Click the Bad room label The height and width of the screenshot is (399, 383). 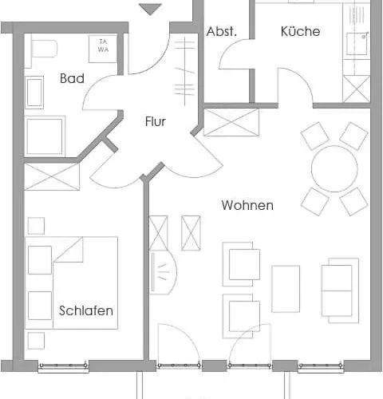(x=72, y=78)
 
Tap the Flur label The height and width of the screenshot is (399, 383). (x=156, y=121)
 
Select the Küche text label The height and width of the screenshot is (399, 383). (x=300, y=31)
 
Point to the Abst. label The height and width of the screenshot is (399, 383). (x=221, y=31)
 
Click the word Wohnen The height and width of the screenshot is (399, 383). (x=247, y=205)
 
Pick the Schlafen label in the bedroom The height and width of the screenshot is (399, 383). (x=86, y=310)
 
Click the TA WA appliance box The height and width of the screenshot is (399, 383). (x=103, y=49)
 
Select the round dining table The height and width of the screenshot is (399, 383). (x=334, y=168)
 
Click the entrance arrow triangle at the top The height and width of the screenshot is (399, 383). (x=151, y=9)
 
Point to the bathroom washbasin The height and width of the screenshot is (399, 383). (x=34, y=93)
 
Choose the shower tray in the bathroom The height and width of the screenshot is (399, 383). (x=45, y=136)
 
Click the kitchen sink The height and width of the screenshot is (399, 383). (x=357, y=44)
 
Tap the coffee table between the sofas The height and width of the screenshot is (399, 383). (x=286, y=289)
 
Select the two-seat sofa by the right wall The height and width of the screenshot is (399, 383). (x=340, y=290)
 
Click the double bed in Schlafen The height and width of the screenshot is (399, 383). (x=72, y=282)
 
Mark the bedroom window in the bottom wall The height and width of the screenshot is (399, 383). (x=63, y=366)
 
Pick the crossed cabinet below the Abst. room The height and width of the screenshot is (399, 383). (x=231, y=122)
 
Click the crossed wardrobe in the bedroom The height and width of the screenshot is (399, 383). (x=52, y=176)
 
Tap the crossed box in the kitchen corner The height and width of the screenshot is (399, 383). (x=357, y=89)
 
